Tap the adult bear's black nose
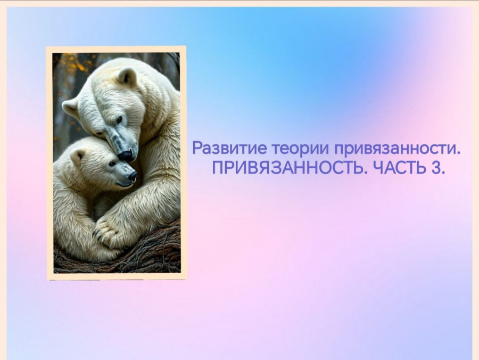click(x=125, y=156)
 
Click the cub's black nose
click(x=133, y=176)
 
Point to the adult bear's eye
click(x=119, y=119)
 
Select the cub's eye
click(x=112, y=164)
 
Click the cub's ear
click(x=77, y=157)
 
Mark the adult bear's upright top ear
click(x=126, y=76)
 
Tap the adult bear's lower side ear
click(x=70, y=108)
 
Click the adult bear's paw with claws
click(x=108, y=231)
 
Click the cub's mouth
click(x=125, y=184)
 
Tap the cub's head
click(x=98, y=163)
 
